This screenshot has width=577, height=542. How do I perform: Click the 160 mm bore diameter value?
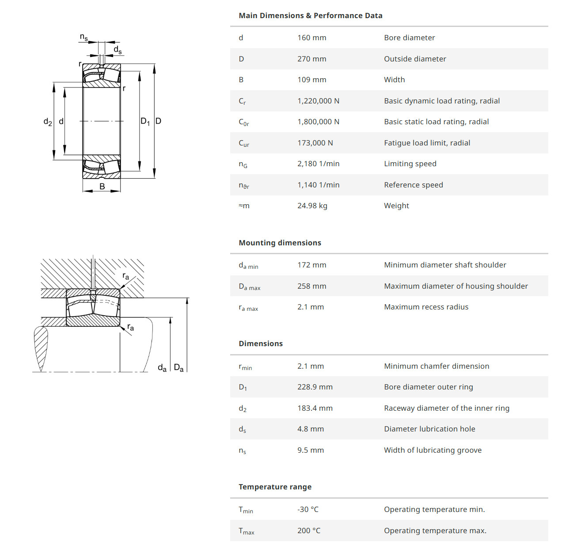[311, 38]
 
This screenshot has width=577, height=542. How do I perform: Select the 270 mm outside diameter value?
[311, 59]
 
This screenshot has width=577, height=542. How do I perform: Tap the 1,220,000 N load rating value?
[318, 101]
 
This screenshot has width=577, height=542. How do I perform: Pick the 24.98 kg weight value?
[312, 206]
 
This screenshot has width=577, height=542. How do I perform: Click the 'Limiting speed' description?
[410, 164]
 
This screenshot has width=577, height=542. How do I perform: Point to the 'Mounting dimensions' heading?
[280, 243]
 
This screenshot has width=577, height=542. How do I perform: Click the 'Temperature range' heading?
[275, 487]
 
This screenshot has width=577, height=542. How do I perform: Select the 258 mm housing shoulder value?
[311, 286]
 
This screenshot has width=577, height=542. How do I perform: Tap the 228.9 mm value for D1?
[315, 387]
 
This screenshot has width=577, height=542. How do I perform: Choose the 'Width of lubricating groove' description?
[433, 450]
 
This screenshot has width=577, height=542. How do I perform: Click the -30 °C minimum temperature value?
[307, 509]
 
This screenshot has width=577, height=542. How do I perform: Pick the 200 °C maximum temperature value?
[308, 531]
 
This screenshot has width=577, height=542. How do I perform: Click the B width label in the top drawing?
[102, 187]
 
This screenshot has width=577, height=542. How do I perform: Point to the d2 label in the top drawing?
[48, 122]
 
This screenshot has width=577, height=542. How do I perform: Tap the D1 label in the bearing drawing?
[145, 121]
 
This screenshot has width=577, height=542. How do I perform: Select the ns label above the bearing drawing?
[84, 37]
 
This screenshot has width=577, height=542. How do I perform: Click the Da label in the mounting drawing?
[178, 368]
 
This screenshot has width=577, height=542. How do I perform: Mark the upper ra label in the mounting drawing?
[125, 276]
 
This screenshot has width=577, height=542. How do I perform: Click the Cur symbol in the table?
[244, 143]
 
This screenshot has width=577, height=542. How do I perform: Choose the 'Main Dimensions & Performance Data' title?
[310, 16]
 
